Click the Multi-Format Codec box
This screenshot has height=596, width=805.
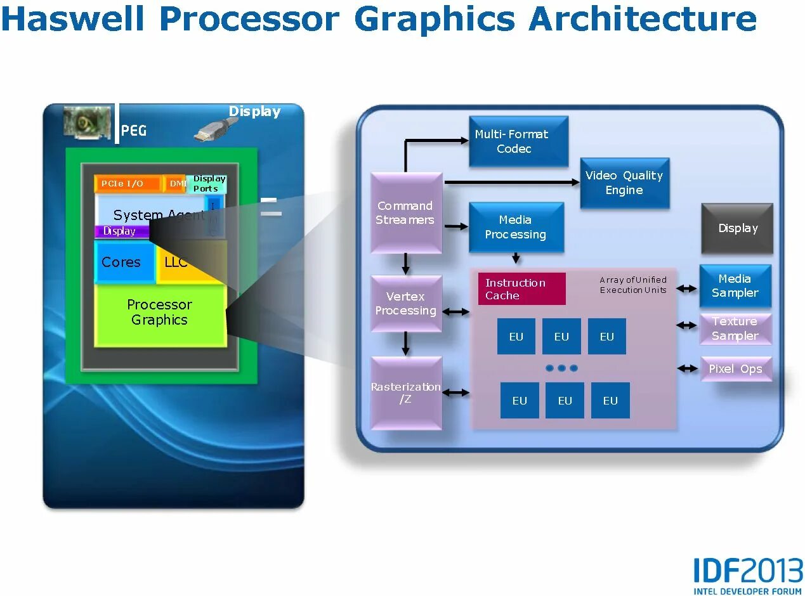518,141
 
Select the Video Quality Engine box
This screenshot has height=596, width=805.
624,183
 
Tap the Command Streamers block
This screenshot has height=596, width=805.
405,213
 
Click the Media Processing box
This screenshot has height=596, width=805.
516,227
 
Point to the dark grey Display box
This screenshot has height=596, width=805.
737,228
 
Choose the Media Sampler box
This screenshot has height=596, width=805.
735,286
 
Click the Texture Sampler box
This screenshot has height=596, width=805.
735,328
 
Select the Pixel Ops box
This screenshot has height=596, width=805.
735,368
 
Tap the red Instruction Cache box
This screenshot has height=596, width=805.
521,289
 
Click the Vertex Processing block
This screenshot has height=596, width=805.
405,304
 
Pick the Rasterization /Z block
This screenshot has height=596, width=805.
405,393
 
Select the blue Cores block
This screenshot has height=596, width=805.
123,262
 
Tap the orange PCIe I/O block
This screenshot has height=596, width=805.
127,184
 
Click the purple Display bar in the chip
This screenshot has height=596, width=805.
121,231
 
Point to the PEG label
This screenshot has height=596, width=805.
134,131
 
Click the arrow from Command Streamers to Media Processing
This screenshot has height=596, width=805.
455,226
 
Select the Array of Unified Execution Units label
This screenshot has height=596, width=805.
632,285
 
